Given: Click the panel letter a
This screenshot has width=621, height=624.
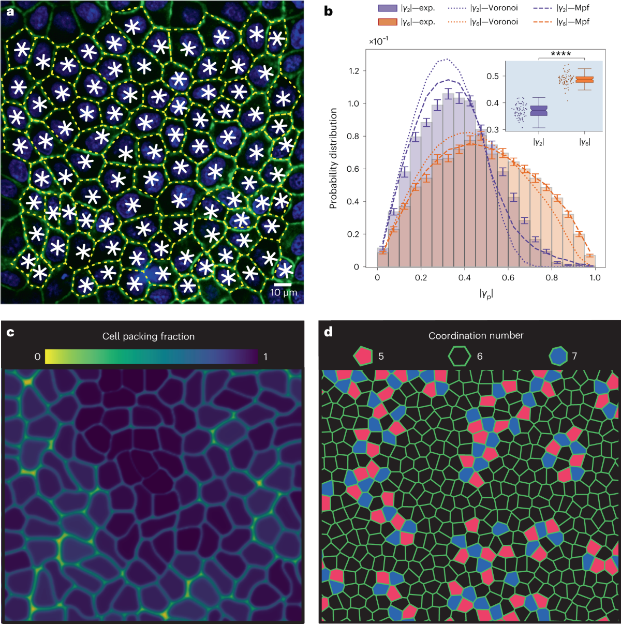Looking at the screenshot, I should click(10, 11).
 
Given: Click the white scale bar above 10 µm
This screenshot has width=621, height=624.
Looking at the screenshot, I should click(283, 284).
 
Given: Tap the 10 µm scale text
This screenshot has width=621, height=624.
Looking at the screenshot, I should click(283, 293).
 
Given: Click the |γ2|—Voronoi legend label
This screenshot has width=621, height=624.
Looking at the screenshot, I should click(494, 8).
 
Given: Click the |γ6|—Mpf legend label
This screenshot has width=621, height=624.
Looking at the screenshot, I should click(572, 22).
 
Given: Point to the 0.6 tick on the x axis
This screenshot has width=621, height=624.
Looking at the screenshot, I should click(508, 277).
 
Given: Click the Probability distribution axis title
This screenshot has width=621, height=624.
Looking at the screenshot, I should click(333, 158).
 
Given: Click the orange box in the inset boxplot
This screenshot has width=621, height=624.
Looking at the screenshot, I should click(584, 79).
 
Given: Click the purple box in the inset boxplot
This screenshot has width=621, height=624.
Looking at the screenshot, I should click(539, 111).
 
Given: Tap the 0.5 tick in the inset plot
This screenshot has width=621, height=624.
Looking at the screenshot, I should click(493, 76).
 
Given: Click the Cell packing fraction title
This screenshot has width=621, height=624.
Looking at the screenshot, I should click(149, 336).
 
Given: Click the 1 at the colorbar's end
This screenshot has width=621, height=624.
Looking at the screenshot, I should click(265, 356).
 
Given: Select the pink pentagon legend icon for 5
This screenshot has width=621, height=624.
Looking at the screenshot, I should click(363, 356).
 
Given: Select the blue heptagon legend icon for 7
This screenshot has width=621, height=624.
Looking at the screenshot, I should click(558, 356).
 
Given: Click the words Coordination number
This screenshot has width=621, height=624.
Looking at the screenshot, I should click(476, 336).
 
